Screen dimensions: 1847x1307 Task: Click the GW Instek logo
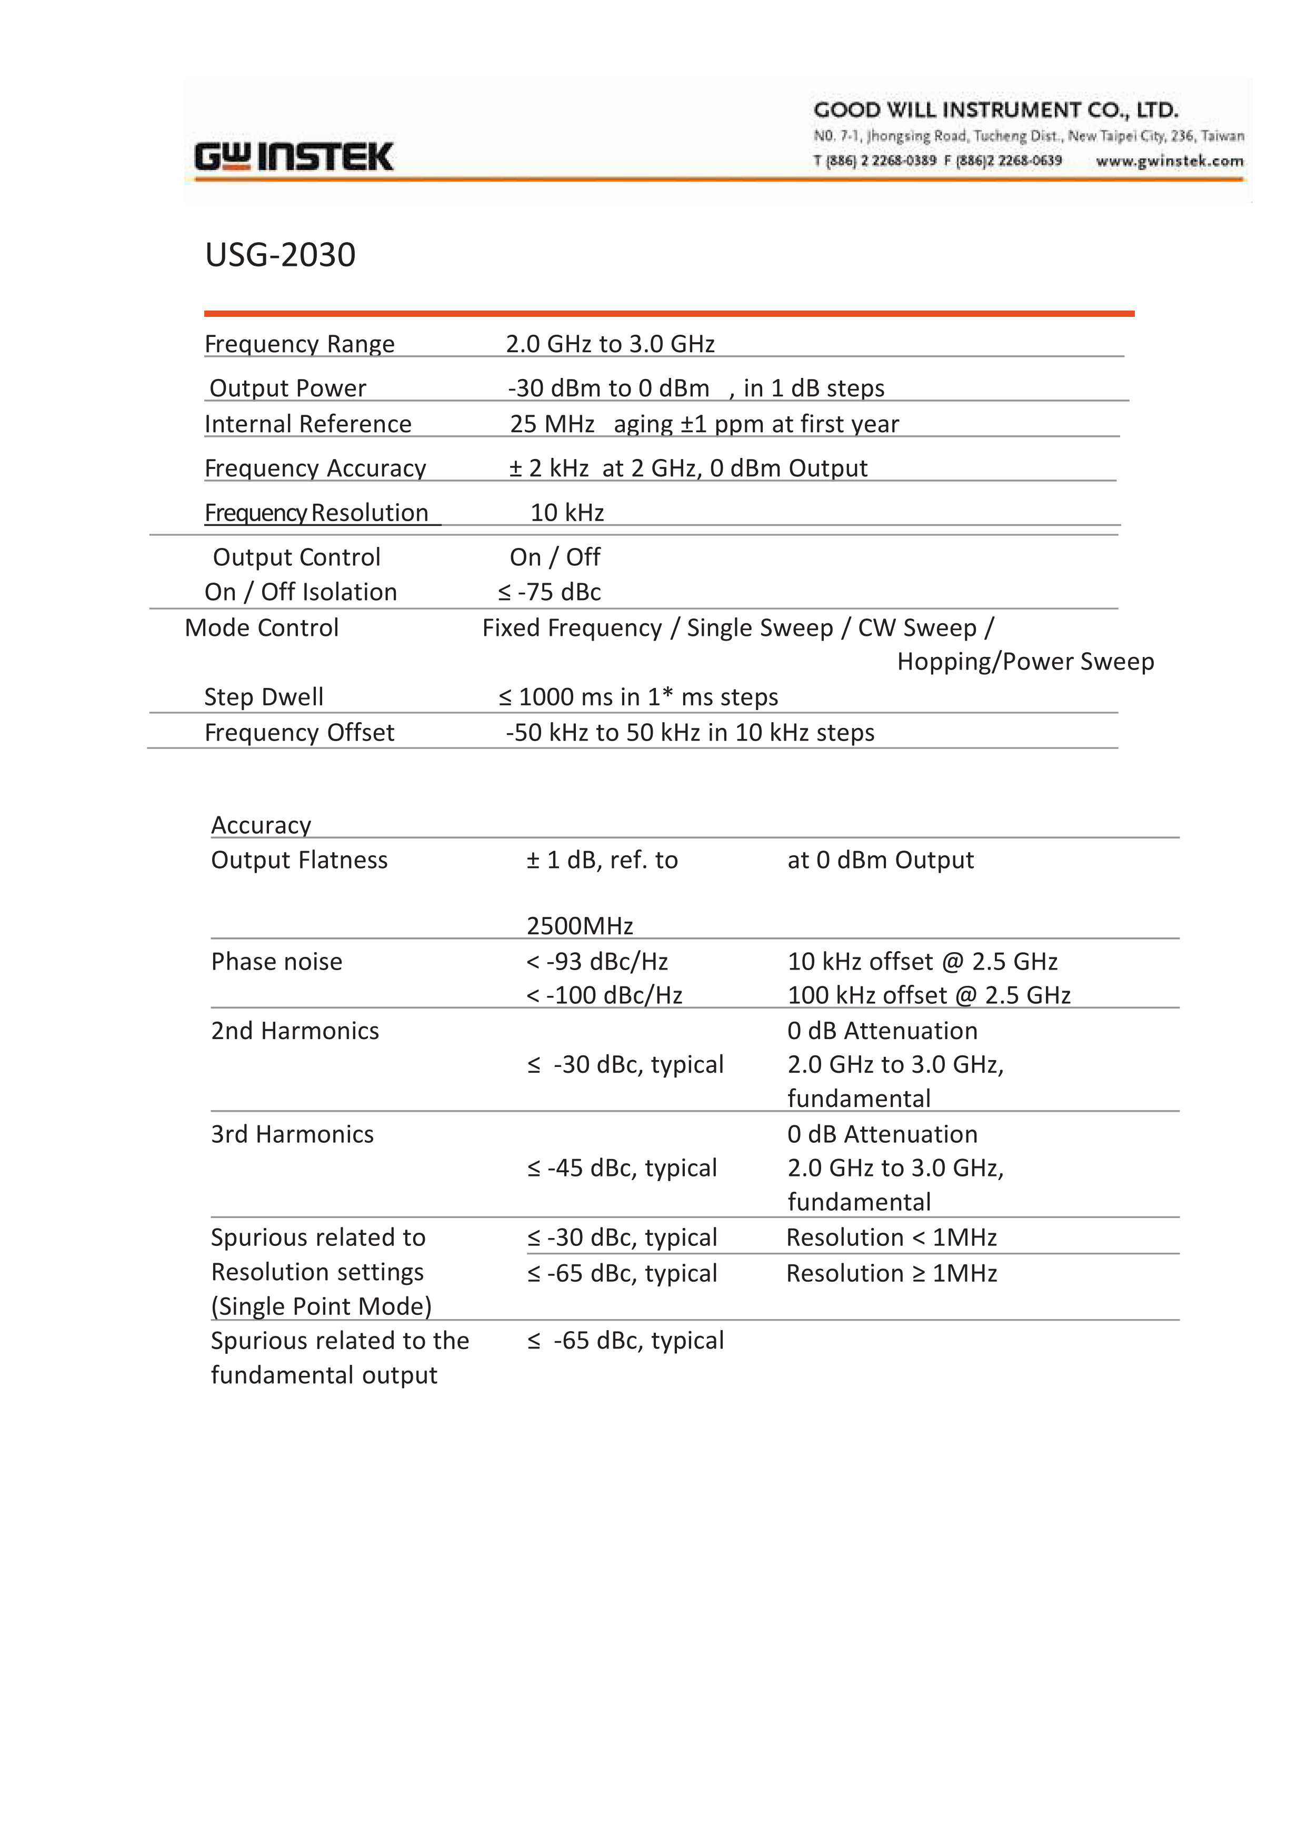point(294,157)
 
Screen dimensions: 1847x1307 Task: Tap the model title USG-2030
point(280,255)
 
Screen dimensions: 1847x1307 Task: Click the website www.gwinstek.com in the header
point(1170,161)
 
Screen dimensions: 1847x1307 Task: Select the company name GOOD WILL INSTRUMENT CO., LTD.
point(995,109)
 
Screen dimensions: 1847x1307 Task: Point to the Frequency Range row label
point(300,344)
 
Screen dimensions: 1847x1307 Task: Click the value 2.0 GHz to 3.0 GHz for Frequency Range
point(610,344)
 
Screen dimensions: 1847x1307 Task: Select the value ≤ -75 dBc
point(549,592)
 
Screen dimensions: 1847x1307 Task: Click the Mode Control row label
point(262,628)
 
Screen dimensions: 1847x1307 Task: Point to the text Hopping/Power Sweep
point(1025,662)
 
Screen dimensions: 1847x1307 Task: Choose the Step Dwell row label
point(263,697)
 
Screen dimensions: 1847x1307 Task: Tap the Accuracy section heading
point(261,825)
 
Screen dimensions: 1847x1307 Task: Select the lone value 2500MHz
point(580,926)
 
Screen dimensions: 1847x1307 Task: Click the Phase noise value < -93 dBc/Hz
point(597,962)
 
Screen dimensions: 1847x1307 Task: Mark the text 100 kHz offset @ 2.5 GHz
point(929,995)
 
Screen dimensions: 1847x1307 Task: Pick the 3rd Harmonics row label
point(292,1135)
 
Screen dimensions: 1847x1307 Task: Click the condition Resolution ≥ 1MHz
point(892,1274)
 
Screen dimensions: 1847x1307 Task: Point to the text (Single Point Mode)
point(321,1306)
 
